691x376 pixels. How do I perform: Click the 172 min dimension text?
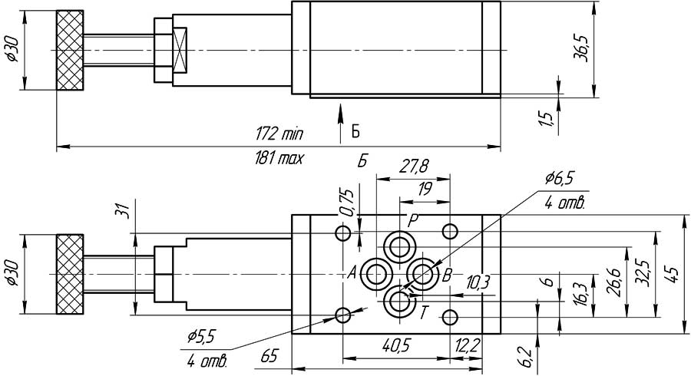click(x=279, y=134)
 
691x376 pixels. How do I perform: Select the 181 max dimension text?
click(x=279, y=159)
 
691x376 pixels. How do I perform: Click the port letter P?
click(x=412, y=219)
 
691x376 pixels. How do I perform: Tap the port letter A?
click(x=352, y=272)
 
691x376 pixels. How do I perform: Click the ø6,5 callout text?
click(x=560, y=178)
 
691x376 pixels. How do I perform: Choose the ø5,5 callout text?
click(x=202, y=335)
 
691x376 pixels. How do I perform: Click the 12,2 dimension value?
click(x=467, y=346)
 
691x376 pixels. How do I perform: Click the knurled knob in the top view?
click(x=69, y=51)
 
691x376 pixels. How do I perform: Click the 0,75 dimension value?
click(x=347, y=201)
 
